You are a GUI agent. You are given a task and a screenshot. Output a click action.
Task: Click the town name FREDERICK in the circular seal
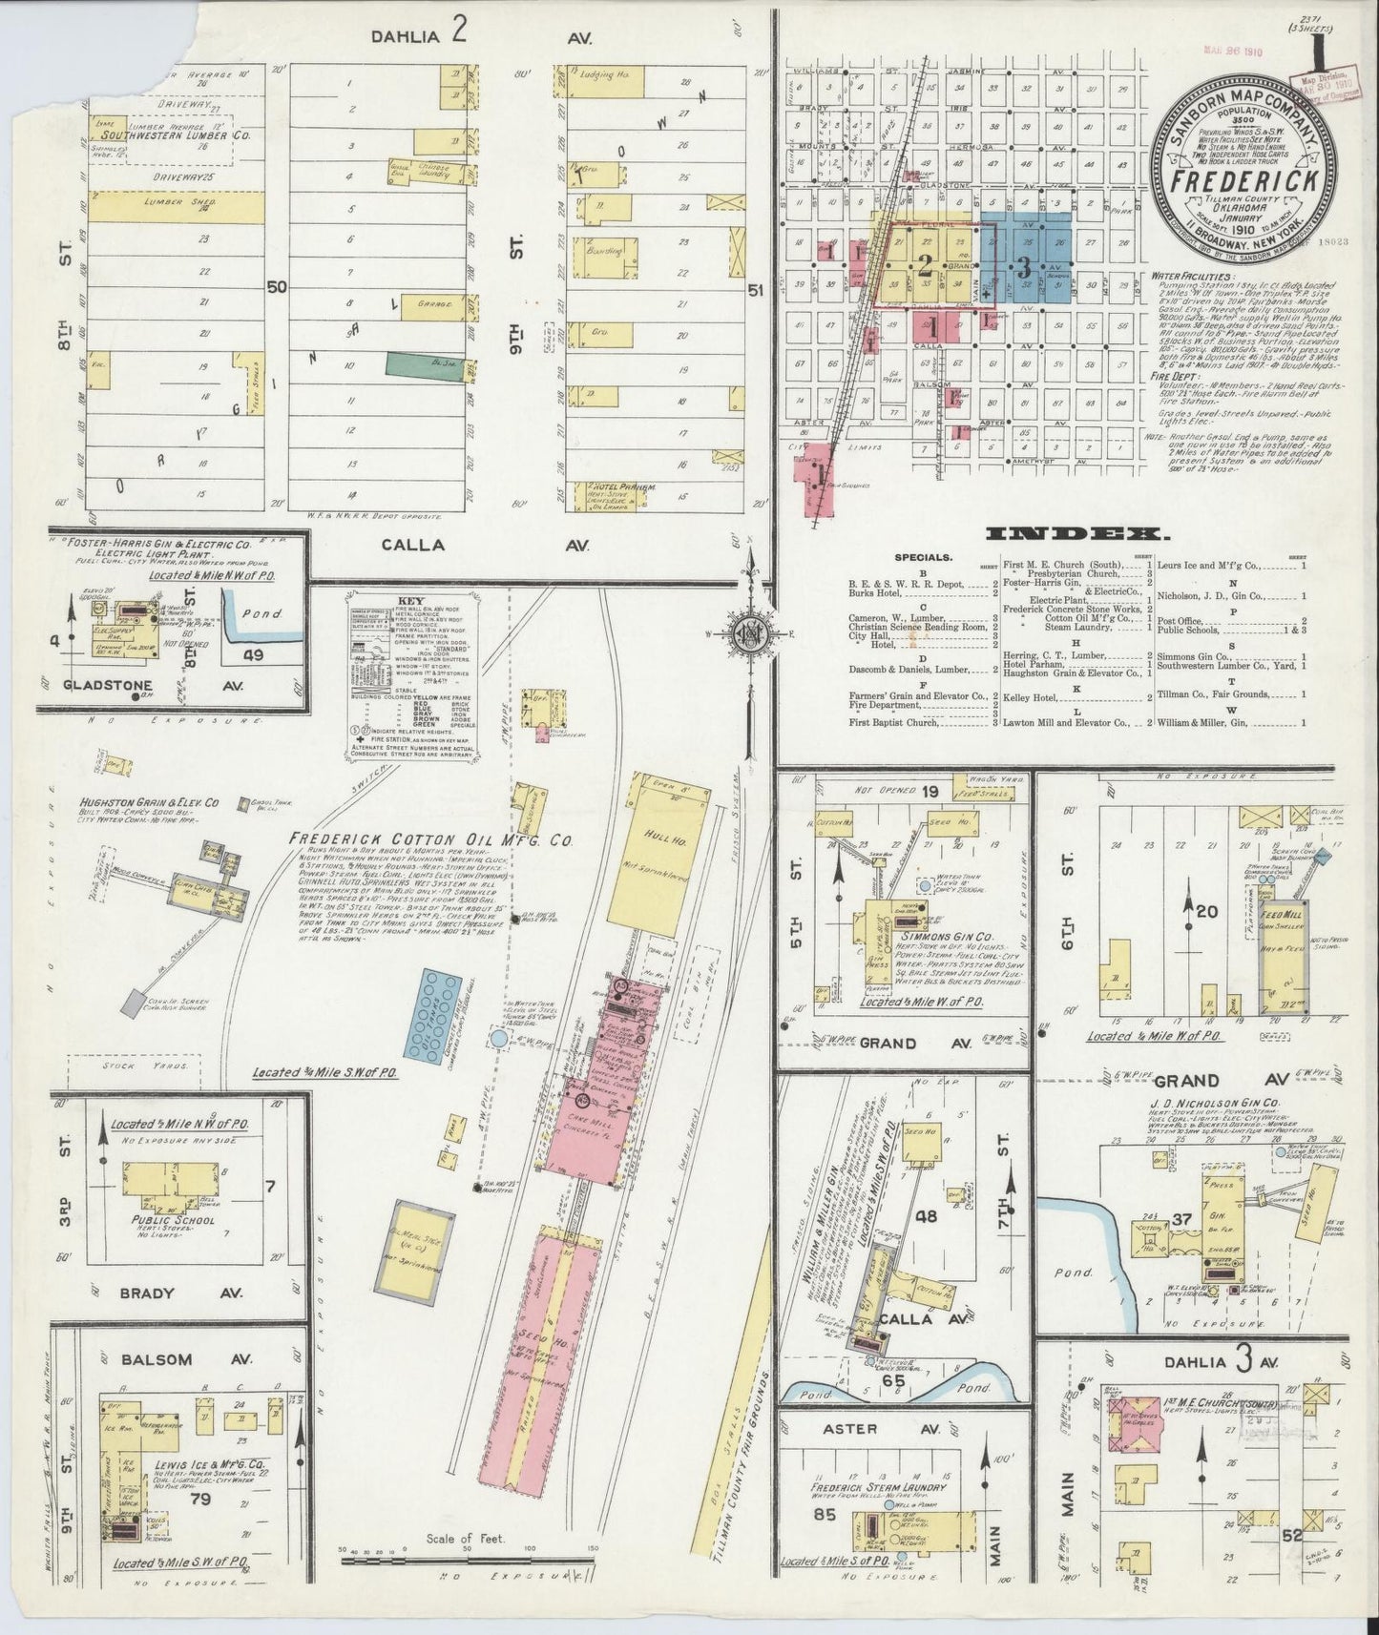[1240, 178]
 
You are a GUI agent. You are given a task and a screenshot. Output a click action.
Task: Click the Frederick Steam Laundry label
[879, 1486]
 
